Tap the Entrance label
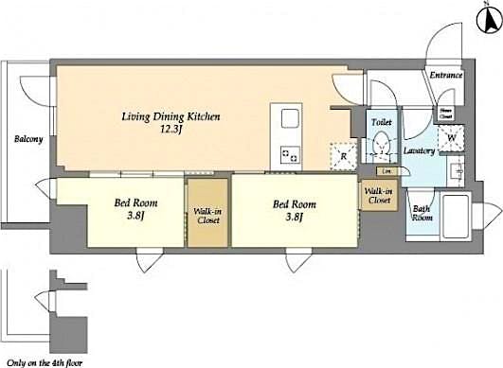tap(445, 75)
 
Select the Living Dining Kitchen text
tap(171, 117)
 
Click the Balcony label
tap(27, 140)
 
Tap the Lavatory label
tap(418, 150)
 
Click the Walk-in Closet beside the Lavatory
tap(378, 195)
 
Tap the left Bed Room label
tap(136, 203)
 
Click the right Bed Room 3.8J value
tap(295, 217)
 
